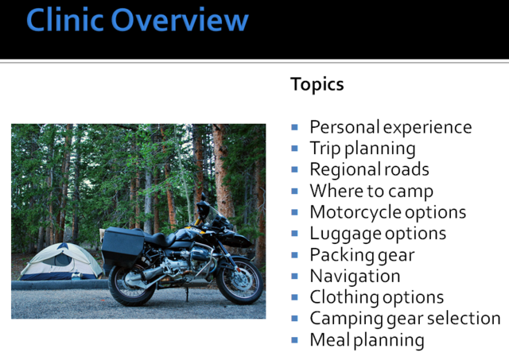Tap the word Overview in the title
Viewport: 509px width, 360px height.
(180, 19)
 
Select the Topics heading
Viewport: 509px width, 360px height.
(317, 85)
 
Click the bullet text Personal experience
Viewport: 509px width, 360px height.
(390, 127)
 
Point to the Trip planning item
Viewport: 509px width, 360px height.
(363, 149)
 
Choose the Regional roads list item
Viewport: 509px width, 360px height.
(369, 170)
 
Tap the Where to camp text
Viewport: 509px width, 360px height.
(371, 192)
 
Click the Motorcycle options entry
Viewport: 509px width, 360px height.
(388, 213)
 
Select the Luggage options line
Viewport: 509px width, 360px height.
(378, 234)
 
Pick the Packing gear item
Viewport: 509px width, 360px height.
(363, 255)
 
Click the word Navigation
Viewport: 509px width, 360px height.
(355, 277)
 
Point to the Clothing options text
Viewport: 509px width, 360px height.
(376, 298)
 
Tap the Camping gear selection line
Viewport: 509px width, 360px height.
(405, 319)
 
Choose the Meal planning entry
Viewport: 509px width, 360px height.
(367, 340)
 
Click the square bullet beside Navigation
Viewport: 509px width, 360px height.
(295, 276)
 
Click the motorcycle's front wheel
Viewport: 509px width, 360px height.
(239, 281)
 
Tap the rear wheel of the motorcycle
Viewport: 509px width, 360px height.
(132, 285)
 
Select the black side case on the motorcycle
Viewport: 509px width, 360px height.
(122, 246)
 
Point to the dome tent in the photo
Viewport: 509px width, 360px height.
(60, 261)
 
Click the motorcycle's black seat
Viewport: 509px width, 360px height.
(158, 239)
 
